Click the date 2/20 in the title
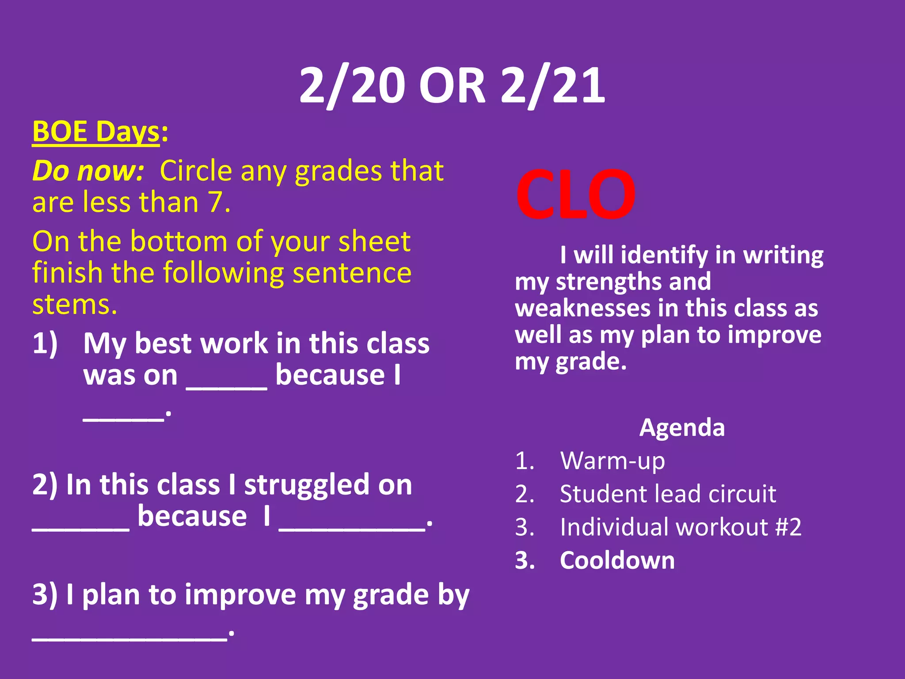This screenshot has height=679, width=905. tap(352, 86)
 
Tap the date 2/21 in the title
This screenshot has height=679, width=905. tap(553, 86)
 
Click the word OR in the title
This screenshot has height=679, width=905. tap(452, 86)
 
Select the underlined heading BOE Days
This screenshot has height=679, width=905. tap(96, 132)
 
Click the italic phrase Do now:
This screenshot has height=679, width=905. tap(88, 171)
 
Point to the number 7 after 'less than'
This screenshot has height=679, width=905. tap(216, 202)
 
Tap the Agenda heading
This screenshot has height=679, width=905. tap(682, 427)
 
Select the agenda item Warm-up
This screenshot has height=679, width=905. tap(612, 461)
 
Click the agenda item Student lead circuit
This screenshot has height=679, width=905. tap(668, 494)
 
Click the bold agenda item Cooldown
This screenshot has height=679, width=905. tap(617, 560)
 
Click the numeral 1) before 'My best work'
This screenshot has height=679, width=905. tap(45, 343)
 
